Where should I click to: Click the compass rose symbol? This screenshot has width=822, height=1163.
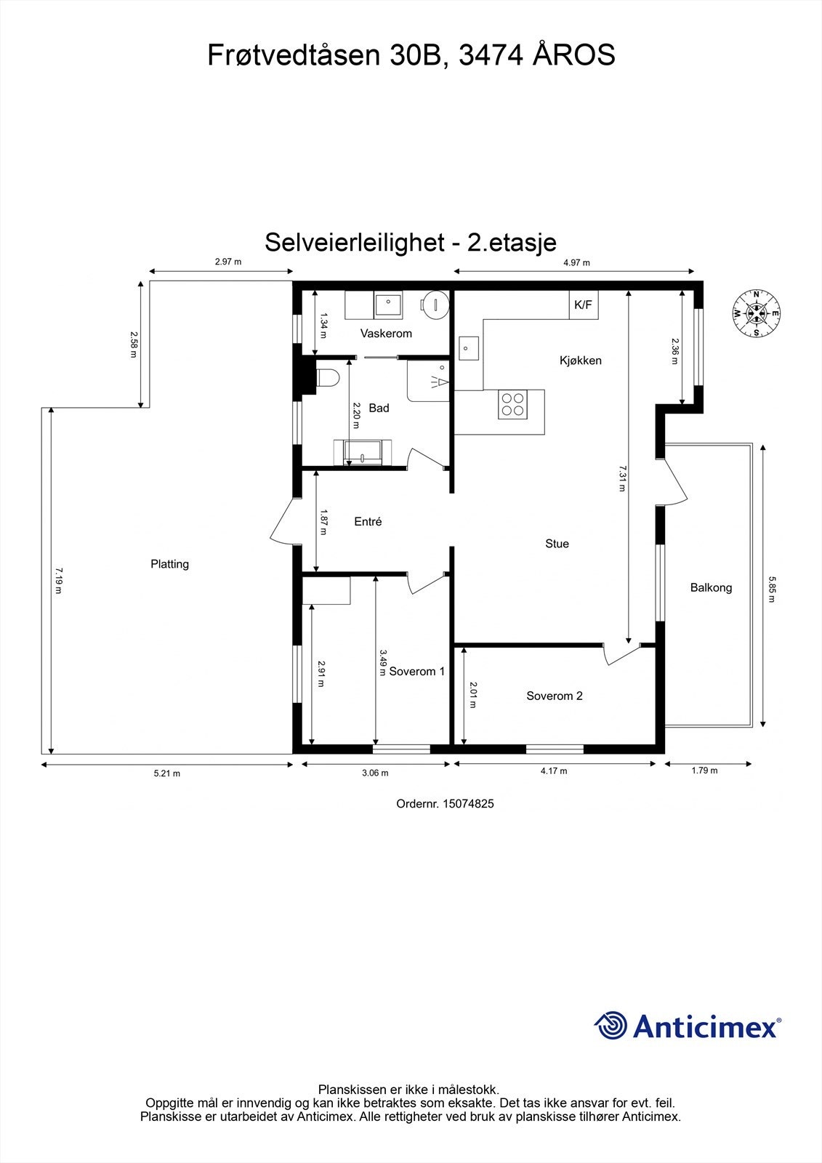click(x=757, y=314)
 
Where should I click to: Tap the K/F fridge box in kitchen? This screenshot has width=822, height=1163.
click(x=584, y=305)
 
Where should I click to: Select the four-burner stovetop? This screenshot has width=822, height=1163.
click(x=512, y=404)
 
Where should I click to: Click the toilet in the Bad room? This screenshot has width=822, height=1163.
click(x=328, y=379)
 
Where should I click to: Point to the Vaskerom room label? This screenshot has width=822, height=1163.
click(x=386, y=334)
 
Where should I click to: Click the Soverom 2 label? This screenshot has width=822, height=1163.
click(x=555, y=696)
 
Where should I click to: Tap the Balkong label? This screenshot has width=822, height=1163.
click(x=711, y=587)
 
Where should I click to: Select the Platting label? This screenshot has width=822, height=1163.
click(x=169, y=564)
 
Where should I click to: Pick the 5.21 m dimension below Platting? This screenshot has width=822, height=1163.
click(x=166, y=773)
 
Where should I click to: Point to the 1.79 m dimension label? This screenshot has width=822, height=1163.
click(x=704, y=770)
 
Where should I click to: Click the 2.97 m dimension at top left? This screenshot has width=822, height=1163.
click(x=227, y=262)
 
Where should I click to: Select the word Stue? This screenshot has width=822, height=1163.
click(x=557, y=544)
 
